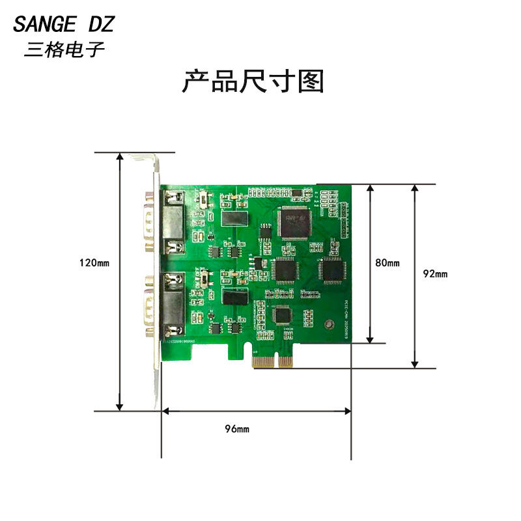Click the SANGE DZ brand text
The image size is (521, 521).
point(64,25)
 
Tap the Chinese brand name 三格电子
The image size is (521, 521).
point(64,49)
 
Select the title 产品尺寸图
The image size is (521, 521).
point(252,82)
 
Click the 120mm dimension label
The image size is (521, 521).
point(94,263)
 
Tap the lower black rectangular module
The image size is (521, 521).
point(235,297)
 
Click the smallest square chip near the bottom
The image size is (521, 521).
point(283,315)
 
